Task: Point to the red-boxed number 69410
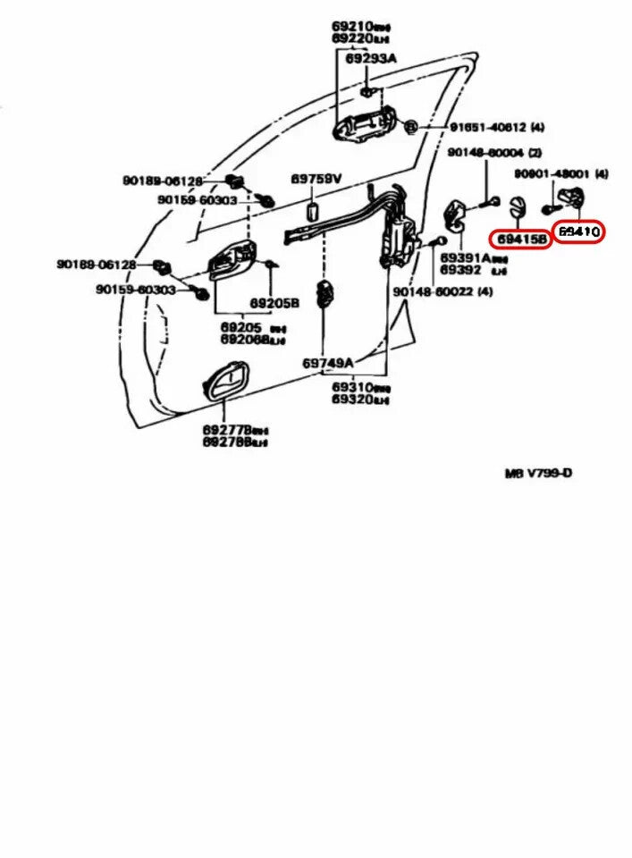(x=578, y=231)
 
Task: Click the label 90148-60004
(x=485, y=154)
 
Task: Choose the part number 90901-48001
(x=552, y=173)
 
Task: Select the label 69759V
(x=316, y=180)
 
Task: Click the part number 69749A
(x=328, y=363)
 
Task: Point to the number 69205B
(x=274, y=303)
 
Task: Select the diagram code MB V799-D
(x=538, y=473)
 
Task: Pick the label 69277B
(x=227, y=430)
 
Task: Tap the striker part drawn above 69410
(x=569, y=198)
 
